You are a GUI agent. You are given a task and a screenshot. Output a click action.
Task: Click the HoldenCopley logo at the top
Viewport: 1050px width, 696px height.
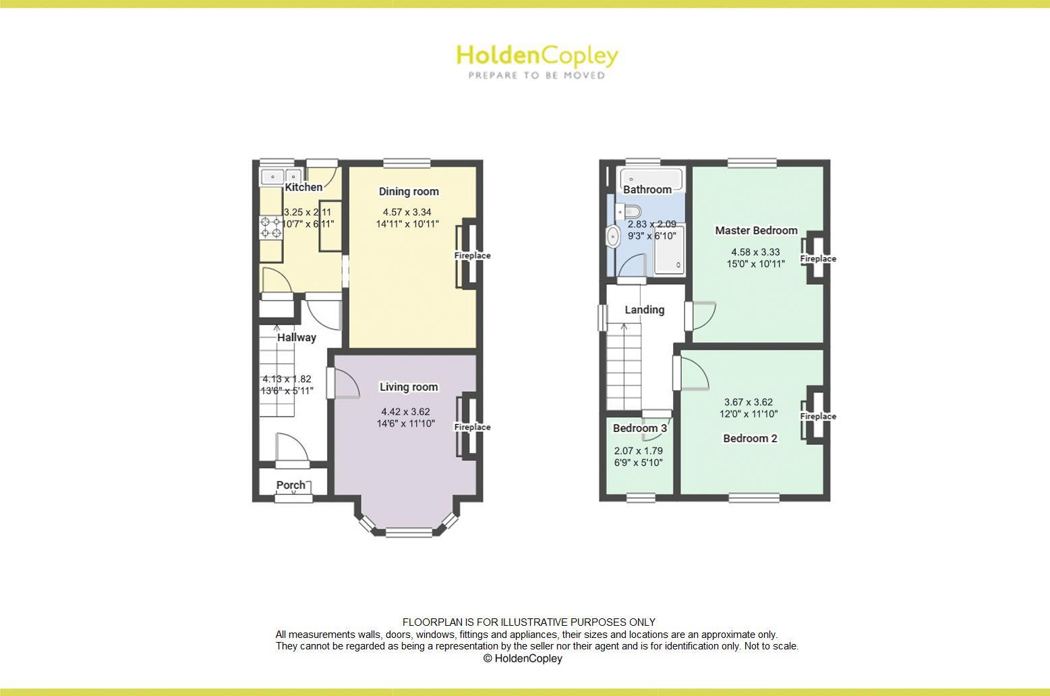tap(537, 61)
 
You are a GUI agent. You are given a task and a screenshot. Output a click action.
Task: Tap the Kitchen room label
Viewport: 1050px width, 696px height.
tap(303, 187)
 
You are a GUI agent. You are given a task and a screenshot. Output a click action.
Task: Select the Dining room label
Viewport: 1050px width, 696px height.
tap(409, 192)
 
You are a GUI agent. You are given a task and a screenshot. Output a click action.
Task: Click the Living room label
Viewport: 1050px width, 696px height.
tap(409, 387)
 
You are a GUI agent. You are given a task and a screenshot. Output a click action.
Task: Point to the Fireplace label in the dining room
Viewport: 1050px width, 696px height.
tap(472, 256)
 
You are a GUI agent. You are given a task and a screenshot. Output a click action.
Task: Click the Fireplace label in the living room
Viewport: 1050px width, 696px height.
tap(472, 427)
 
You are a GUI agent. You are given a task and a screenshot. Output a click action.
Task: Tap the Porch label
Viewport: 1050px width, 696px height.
tap(291, 485)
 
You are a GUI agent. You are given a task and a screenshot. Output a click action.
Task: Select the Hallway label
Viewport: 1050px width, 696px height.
tap(297, 338)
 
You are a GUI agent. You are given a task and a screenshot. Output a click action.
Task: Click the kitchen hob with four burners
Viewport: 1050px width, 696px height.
tap(271, 227)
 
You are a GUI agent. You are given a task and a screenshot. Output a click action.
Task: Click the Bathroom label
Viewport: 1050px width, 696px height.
tap(647, 190)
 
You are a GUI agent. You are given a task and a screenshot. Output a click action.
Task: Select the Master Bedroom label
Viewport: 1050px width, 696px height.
tap(756, 230)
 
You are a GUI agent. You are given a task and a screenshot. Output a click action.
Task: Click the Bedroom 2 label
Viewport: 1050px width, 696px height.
tap(750, 438)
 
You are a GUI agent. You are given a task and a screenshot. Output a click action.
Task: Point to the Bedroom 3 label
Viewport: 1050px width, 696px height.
tap(640, 428)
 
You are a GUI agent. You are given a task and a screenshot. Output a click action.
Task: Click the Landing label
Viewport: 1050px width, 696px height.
tap(645, 310)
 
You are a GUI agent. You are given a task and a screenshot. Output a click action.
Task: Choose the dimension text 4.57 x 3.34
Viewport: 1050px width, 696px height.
tap(407, 212)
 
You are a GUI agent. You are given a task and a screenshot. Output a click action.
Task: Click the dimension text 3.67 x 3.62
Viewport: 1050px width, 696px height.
tap(749, 402)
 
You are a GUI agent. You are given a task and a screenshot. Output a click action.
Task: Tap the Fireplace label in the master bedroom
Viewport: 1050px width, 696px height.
tap(818, 259)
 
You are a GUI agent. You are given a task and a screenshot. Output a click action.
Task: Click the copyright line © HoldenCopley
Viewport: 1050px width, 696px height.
tap(523, 659)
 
